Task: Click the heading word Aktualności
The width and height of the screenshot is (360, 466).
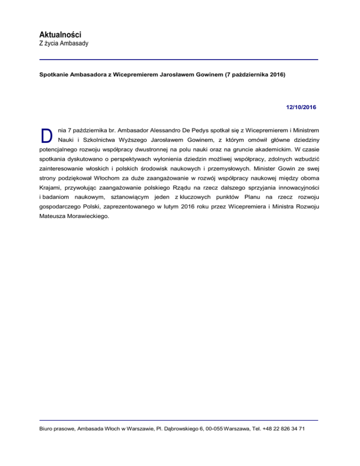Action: pyautogui.click(x=60, y=35)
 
